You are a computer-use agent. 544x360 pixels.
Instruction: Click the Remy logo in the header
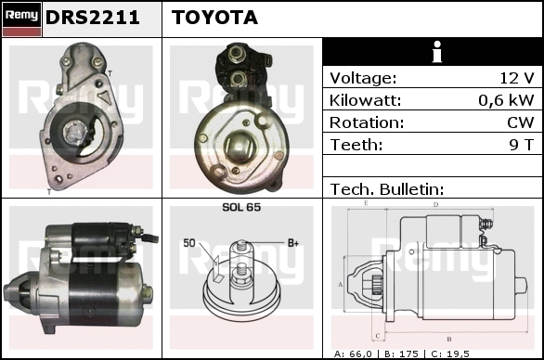(21, 19)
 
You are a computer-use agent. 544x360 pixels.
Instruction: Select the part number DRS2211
(92, 18)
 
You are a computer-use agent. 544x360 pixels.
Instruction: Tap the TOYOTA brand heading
(214, 18)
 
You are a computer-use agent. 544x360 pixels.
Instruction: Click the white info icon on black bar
(437, 52)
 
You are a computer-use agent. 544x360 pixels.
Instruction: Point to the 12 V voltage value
(516, 78)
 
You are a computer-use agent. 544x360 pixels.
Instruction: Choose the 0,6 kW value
(506, 100)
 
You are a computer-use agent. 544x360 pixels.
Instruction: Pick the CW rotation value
(521, 122)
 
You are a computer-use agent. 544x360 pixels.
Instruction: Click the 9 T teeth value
(521, 145)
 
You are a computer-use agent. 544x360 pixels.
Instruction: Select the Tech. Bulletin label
(387, 189)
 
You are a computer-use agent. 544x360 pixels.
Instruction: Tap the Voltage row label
(363, 78)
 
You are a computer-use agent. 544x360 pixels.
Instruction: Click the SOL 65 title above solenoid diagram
(241, 207)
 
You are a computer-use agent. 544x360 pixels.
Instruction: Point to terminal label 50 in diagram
(189, 243)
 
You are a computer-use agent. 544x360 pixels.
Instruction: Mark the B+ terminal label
(293, 243)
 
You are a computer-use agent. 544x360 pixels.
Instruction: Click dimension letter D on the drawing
(435, 205)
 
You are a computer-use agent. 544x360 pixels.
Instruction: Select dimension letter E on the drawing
(366, 203)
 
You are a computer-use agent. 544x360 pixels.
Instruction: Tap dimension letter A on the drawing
(341, 285)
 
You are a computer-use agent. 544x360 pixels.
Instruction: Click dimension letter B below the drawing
(449, 340)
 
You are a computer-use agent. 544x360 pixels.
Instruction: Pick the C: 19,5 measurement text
(450, 354)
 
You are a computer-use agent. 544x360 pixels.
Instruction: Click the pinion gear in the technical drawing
(376, 285)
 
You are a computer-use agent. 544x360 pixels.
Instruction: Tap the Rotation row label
(367, 122)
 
